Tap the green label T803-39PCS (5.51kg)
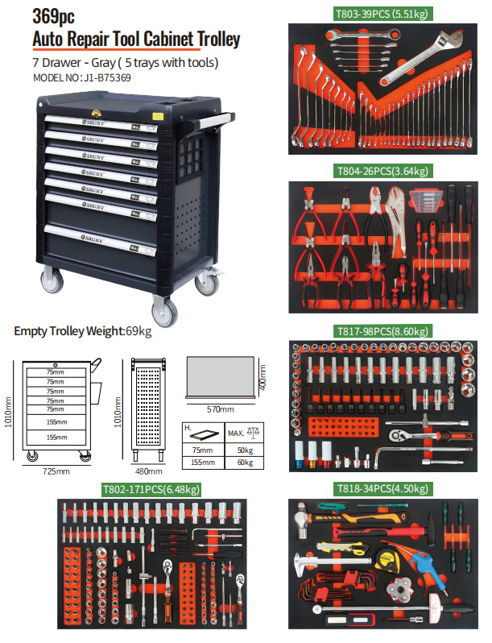click(x=381, y=14)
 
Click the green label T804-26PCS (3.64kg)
click(x=381, y=171)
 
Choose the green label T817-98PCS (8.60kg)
click(x=381, y=331)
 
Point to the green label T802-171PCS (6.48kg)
click(x=151, y=489)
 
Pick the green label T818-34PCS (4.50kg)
click(x=381, y=489)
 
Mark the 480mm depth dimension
click(x=146, y=471)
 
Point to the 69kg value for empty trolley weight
click(x=139, y=330)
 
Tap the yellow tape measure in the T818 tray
click(x=385, y=560)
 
